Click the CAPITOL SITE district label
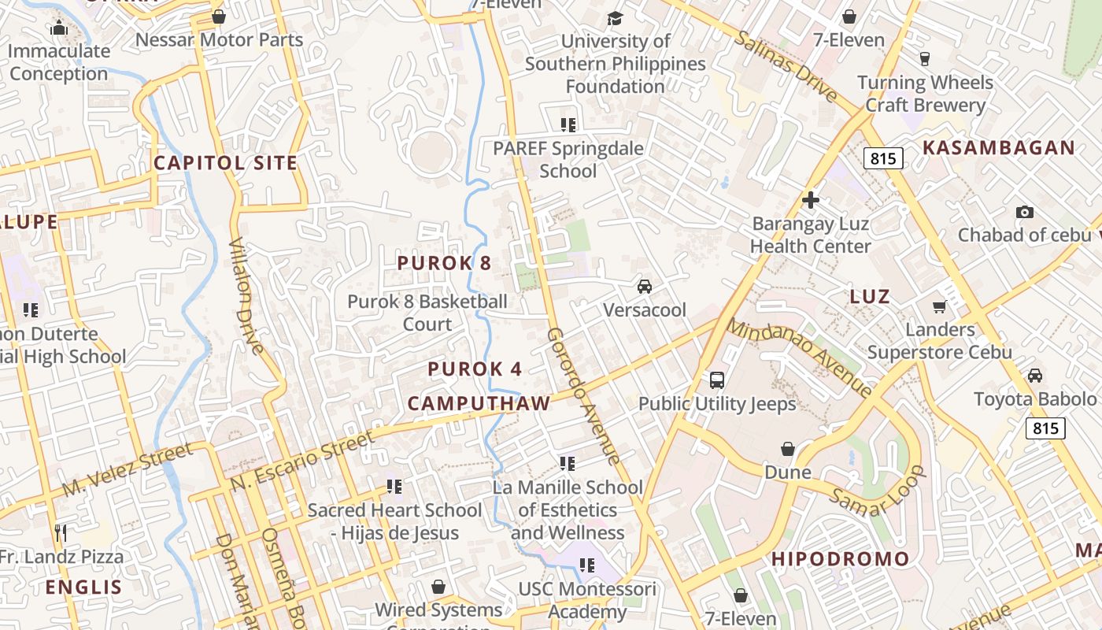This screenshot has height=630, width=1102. tap(225, 163)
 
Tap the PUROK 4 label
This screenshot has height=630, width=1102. tap(475, 369)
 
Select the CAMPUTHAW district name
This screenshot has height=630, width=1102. tap(479, 404)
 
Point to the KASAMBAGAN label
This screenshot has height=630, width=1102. tap(998, 148)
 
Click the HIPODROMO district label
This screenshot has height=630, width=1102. tap(840, 559)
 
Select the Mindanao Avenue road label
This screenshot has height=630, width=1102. tap(799, 357)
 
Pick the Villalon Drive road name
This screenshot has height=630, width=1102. tap(246, 295)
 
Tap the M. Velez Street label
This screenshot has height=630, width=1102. tap(127, 470)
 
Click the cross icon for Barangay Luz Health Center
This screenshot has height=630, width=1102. tap(810, 200)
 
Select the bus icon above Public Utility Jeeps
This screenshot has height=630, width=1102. tap(716, 380)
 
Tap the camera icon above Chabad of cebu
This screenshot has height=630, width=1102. tap(1024, 212)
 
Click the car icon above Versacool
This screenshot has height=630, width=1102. tap(645, 287)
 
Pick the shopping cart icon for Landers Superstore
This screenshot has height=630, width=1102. tap(939, 306)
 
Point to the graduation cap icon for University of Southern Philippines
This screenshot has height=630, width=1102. tap(615, 17)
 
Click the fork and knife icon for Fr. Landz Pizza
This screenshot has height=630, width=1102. tap(61, 533)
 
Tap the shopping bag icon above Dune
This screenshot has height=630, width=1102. tap(787, 449)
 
